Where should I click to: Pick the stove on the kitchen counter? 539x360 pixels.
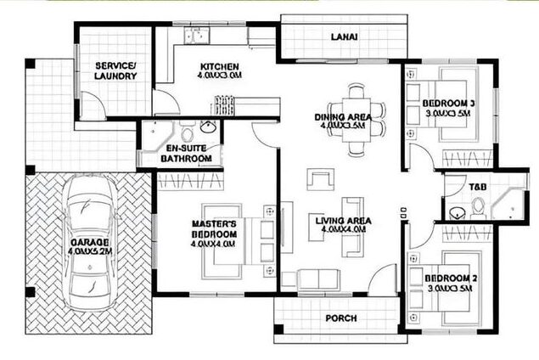pyautogui.click(x=225, y=105)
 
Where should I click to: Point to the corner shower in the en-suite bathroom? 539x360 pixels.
pyautogui.click(x=155, y=134)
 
